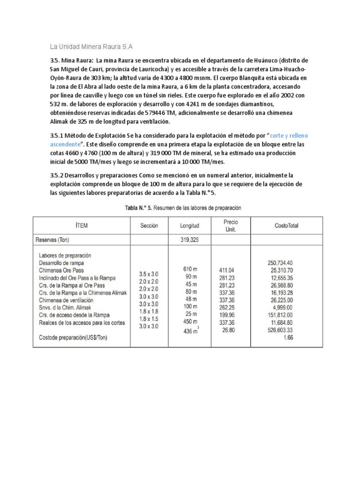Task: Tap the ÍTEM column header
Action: click(81, 225)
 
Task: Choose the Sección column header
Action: click(149, 225)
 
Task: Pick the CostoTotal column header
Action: click(286, 225)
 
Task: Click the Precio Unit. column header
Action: click(231, 225)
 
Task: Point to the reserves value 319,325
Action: click(189, 240)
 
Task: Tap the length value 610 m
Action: click(190, 269)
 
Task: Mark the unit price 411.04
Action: click(229, 270)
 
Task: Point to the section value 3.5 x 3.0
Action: click(149, 273)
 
